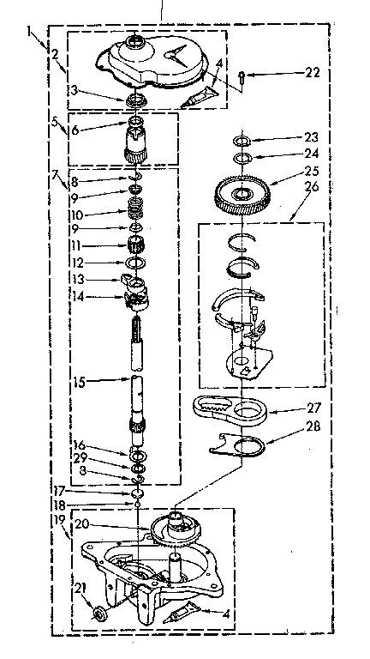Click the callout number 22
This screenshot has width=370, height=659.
tap(313, 74)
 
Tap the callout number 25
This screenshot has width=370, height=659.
tap(310, 172)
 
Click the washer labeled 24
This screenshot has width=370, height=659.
tap(242, 157)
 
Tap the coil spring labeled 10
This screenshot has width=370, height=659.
tap(134, 211)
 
